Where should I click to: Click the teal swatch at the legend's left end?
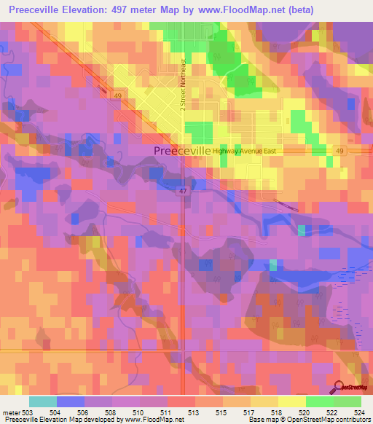[x=43, y=401]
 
